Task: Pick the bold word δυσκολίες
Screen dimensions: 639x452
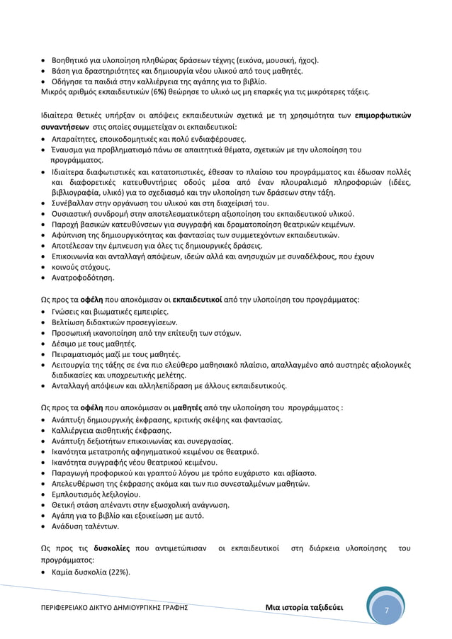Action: click(x=111, y=549)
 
